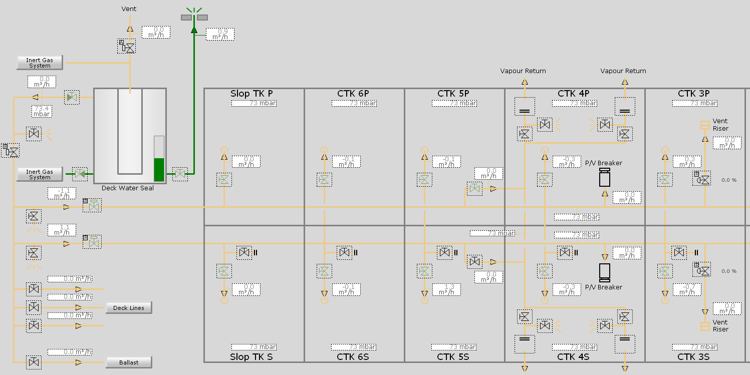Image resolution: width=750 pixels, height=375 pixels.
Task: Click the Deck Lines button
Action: [x=129, y=308]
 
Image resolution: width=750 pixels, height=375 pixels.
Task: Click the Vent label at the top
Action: [x=129, y=9]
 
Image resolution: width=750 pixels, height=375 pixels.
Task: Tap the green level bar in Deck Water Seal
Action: [x=159, y=169]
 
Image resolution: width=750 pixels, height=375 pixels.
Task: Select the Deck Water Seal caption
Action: [x=128, y=188]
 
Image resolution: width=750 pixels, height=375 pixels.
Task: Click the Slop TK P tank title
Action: [x=252, y=94]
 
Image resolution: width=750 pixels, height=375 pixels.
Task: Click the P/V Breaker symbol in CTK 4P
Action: [x=605, y=177]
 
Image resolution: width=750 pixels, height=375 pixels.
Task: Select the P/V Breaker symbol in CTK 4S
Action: [x=605, y=272]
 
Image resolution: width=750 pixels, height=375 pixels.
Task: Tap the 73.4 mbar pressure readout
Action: [x=42, y=111]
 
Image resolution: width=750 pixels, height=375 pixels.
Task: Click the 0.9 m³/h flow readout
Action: [x=220, y=34]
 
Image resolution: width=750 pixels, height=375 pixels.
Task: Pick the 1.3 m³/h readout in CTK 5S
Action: [x=446, y=289]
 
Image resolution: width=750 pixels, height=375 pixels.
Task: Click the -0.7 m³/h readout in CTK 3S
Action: [x=687, y=289]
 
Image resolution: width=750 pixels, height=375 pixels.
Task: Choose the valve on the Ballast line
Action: [x=34, y=362]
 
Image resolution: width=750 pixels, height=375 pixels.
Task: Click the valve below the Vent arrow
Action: [x=129, y=48]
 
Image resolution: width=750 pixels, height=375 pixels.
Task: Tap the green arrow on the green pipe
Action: [x=194, y=30]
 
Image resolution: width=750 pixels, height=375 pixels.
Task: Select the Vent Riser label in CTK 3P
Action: [x=720, y=125]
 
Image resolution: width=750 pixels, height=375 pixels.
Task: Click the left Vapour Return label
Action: [x=523, y=71]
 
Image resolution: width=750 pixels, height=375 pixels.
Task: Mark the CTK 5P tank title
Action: [x=453, y=94]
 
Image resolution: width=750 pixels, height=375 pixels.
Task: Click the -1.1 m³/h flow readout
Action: [x=62, y=193]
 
